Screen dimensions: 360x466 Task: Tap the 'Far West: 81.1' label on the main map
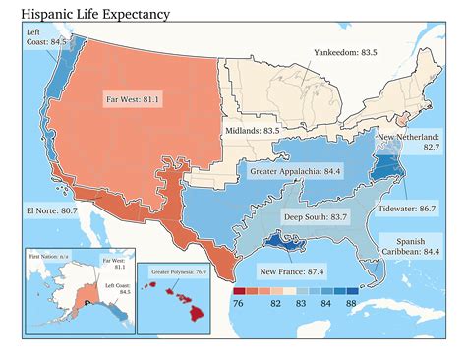tap(134, 99)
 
